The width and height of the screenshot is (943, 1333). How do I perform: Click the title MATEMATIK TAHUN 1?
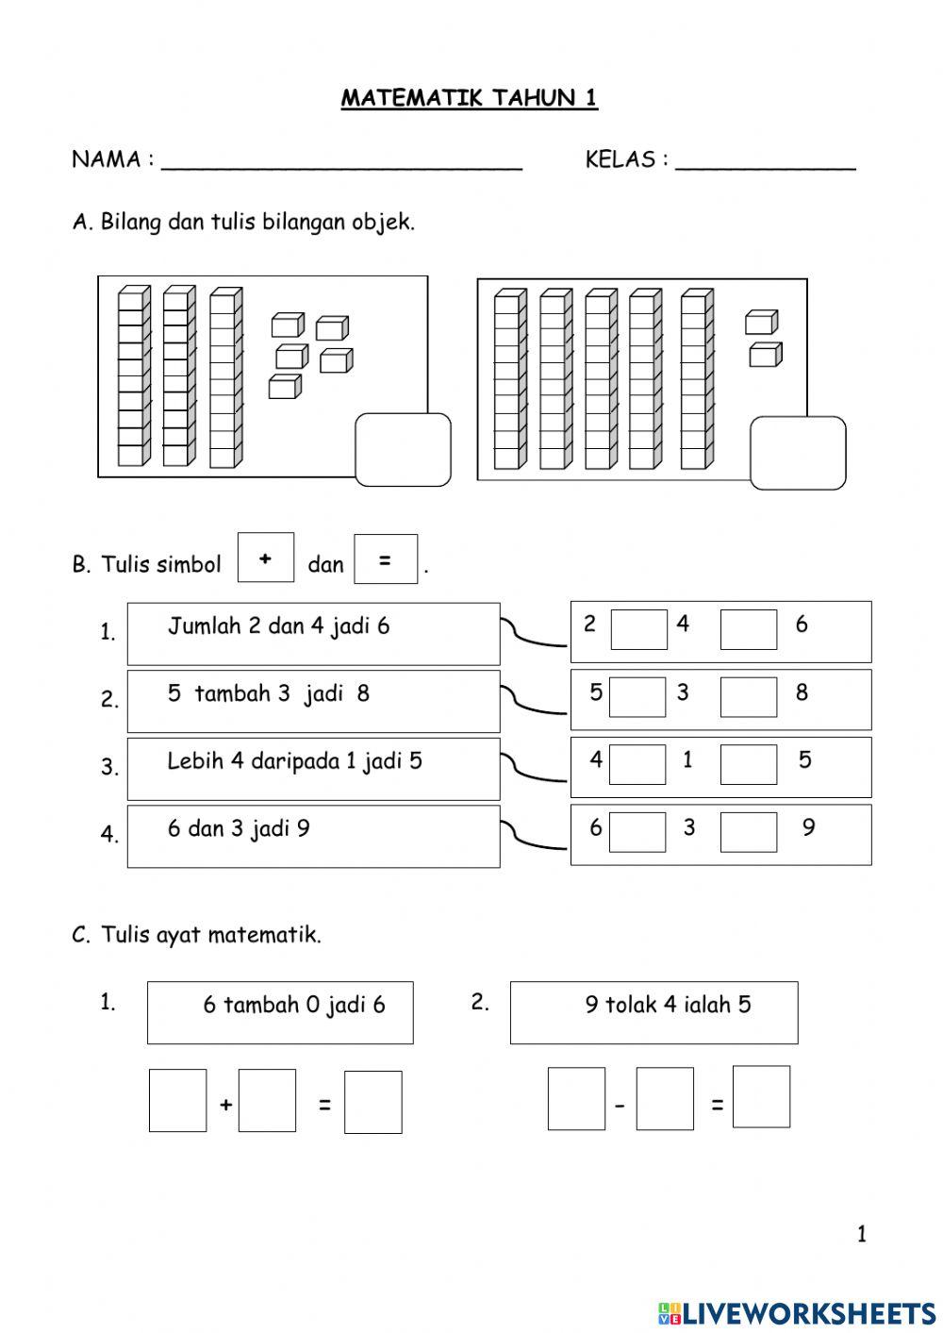(x=469, y=98)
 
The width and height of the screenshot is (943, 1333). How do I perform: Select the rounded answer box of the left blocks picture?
(x=403, y=450)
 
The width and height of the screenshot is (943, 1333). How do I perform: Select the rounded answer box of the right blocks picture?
(x=798, y=453)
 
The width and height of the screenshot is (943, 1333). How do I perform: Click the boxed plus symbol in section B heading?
(x=266, y=558)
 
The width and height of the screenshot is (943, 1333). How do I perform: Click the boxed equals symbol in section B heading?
(x=385, y=559)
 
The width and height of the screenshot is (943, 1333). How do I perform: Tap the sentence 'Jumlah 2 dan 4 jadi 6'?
(x=278, y=626)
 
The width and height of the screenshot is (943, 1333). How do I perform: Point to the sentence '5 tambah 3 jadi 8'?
(x=269, y=694)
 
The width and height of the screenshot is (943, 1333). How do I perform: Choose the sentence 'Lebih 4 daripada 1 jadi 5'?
(x=294, y=761)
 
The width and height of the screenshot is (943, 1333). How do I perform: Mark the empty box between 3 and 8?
(x=749, y=697)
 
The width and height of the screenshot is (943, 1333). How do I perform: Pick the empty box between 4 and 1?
(x=637, y=764)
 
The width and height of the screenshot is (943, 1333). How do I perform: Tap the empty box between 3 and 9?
(x=749, y=832)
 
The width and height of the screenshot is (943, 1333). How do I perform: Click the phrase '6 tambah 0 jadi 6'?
(x=294, y=1006)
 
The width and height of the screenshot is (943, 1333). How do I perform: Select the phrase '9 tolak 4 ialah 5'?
(x=668, y=1006)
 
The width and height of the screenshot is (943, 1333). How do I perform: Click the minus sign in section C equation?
(x=620, y=1105)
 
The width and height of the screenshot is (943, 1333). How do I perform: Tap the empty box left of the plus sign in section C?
(x=177, y=1100)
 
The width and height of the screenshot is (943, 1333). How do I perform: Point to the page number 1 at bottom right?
(x=861, y=1234)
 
